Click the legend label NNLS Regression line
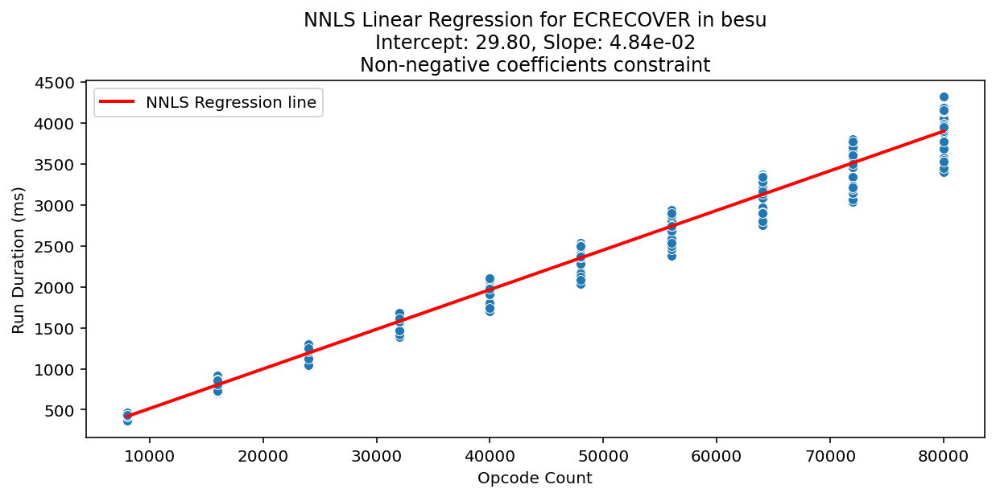coord(231,102)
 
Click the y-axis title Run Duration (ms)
coord(19,260)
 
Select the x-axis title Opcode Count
coord(535,479)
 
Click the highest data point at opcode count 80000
coord(944,97)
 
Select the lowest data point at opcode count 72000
coord(853,201)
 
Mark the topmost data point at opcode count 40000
coord(490,279)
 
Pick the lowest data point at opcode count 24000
coord(308,364)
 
